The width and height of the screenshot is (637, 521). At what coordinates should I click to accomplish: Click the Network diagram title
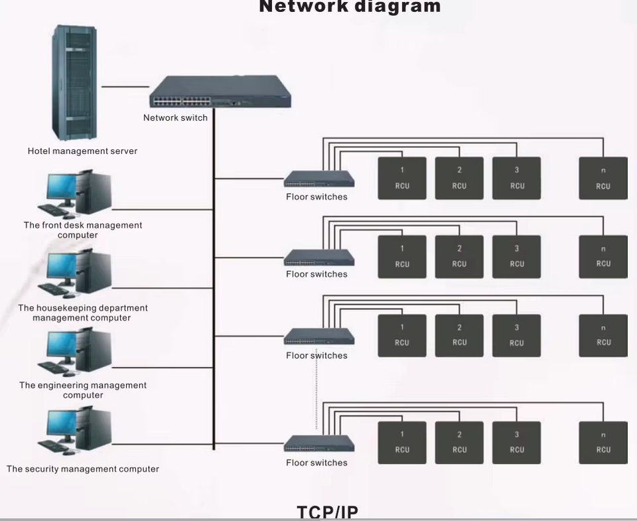tap(350, 6)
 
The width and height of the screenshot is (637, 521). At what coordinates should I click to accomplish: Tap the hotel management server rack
tap(74, 82)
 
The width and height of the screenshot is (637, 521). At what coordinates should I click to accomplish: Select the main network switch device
tap(220, 92)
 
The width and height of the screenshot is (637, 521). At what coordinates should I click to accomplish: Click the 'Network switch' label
tap(175, 118)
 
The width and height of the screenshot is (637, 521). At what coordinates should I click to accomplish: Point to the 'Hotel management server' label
tap(82, 151)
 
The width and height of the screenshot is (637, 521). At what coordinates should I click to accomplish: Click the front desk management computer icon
tap(75, 193)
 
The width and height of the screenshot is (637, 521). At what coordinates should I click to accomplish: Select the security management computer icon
tap(75, 431)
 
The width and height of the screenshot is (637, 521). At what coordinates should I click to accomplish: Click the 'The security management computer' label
tap(82, 469)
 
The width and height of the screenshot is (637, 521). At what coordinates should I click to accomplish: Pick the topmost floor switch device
tap(319, 179)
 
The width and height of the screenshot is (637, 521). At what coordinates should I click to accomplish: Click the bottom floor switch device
tap(319, 444)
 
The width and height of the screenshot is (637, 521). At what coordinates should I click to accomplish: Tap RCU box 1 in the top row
tap(402, 179)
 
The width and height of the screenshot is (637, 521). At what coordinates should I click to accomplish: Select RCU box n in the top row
tap(603, 179)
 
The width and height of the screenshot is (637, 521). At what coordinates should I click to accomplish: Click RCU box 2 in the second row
tap(459, 257)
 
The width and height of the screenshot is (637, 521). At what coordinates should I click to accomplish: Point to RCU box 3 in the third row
tap(517, 336)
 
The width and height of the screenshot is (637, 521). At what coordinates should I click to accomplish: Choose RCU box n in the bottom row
tap(603, 443)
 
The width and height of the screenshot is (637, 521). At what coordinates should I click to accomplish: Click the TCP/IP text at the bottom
tap(327, 512)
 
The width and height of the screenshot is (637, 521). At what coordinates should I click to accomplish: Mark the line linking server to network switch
tap(125, 86)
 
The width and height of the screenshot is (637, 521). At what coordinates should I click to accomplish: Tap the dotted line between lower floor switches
tap(317, 389)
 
